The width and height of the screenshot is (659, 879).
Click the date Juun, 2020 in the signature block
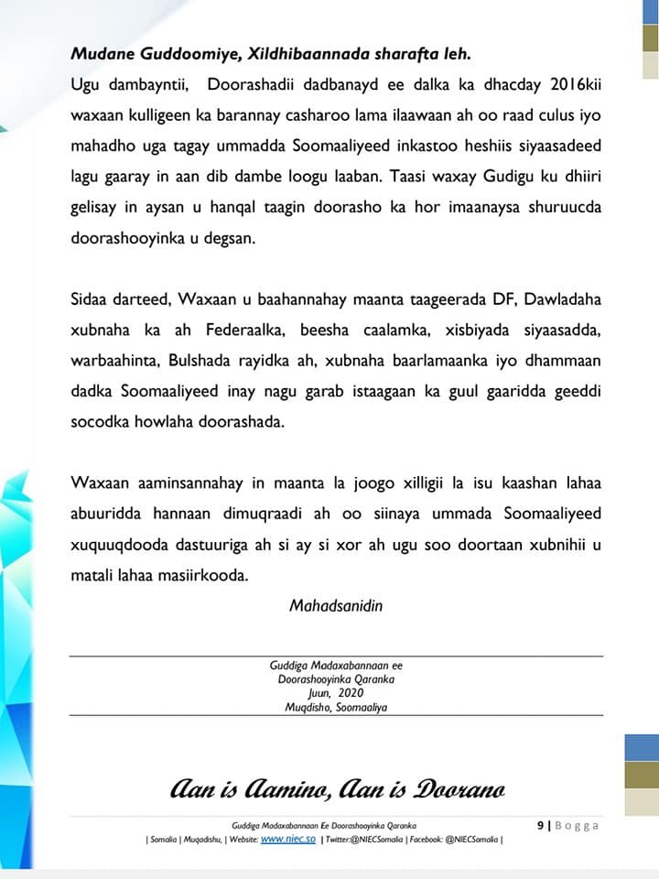pos(337,693)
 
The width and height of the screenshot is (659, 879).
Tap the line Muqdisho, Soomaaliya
pos(337,707)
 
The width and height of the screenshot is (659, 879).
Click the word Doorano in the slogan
pos(457,789)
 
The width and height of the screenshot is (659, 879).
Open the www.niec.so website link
pos(289,839)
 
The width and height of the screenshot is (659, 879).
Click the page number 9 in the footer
pos(540,826)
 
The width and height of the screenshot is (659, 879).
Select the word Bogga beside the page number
pos(578,826)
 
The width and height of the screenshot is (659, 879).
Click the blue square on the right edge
pos(642,747)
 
